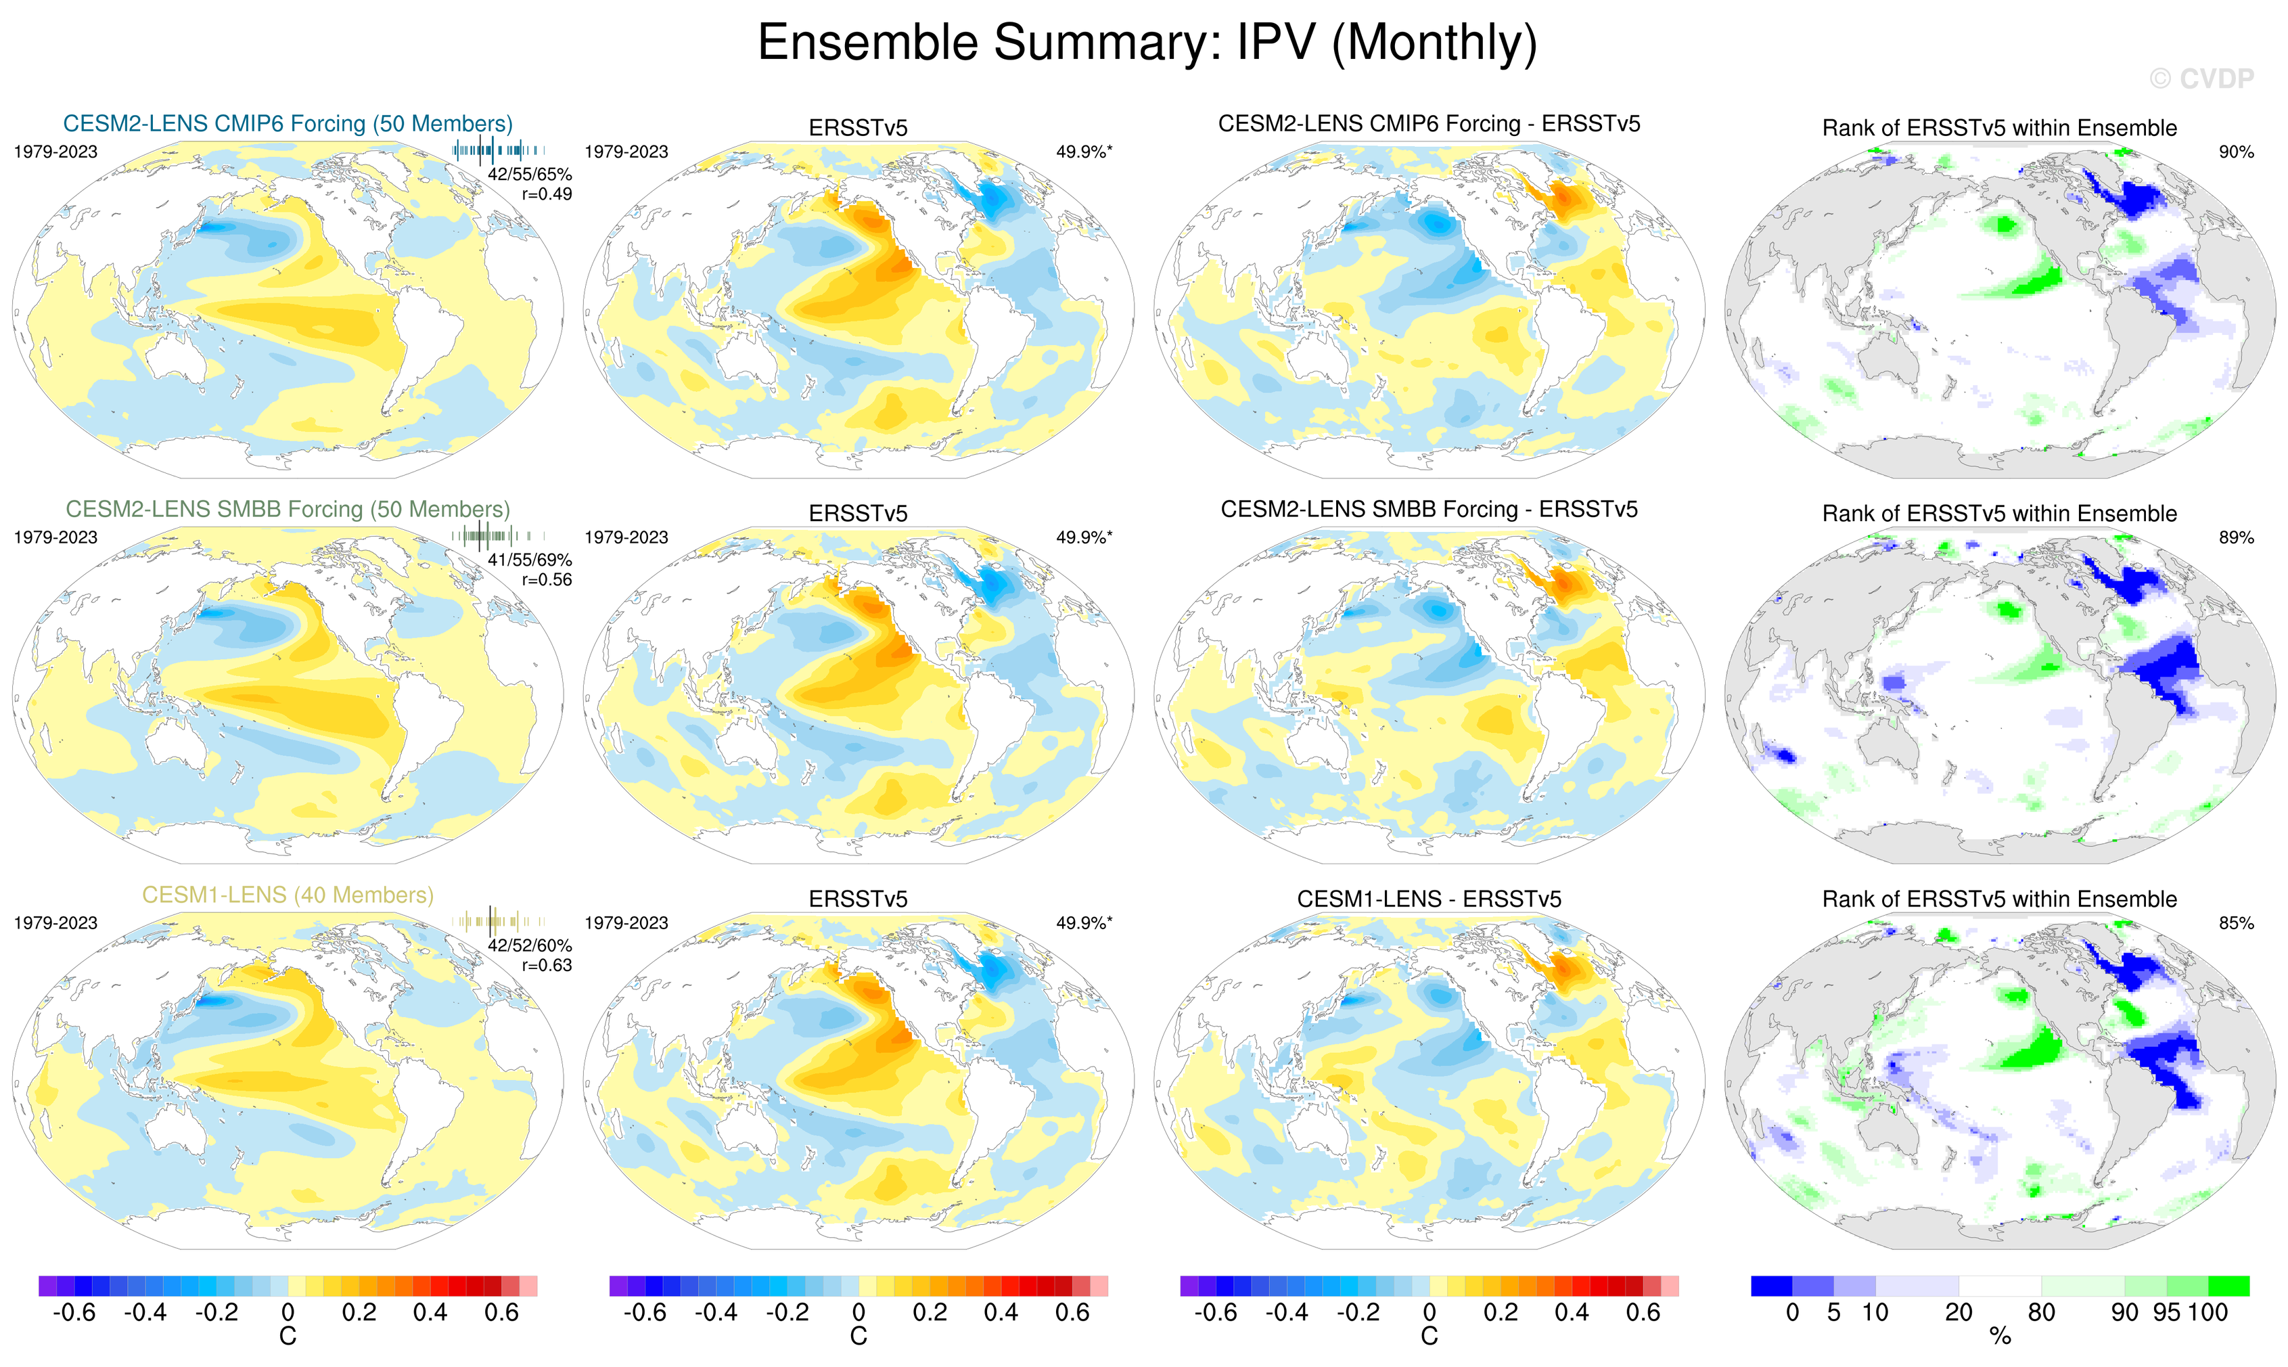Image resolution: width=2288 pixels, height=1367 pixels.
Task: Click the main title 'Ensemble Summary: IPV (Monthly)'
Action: click(x=1146, y=43)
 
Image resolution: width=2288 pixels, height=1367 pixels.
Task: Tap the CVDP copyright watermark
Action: click(x=2201, y=79)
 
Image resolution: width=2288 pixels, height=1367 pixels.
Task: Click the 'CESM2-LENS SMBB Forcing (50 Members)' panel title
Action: click(x=288, y=510)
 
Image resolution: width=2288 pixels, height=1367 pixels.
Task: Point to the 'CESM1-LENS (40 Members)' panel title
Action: click(x=288, y=895)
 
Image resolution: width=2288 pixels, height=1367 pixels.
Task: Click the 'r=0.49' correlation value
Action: click(x=547, y=194)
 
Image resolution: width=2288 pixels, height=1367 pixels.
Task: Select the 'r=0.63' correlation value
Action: click(x=547, y=966)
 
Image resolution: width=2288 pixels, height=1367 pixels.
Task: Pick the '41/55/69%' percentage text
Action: click(x=530, y=560)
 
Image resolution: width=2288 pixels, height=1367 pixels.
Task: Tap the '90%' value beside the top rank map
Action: click(x=2235, y=152)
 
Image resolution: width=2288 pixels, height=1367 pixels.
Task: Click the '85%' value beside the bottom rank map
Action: click(x=2235, y=923)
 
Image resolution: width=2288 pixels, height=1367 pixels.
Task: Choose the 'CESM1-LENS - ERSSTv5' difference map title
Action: click(x=1429, y=899)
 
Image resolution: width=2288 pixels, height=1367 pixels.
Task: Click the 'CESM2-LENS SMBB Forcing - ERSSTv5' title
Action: click(x=1429, y=510)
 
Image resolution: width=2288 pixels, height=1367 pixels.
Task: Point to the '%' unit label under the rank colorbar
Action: click(x=2000, y=1337)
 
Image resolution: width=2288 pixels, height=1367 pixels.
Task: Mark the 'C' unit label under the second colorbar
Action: click(x=858, y=1337)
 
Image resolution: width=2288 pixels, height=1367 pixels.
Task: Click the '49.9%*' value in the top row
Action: click(x=1084, y=152)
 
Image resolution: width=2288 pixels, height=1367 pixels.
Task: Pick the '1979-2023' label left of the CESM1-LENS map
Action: click(x=55, y=923)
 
